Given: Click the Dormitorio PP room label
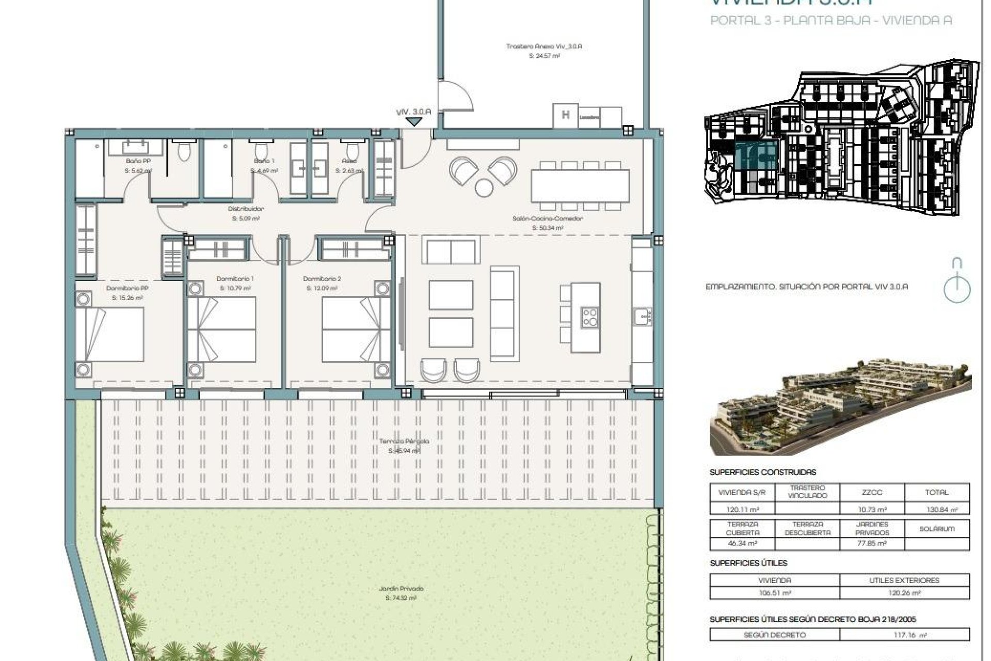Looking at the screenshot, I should coord(127,288).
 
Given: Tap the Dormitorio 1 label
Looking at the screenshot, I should coord(235,279).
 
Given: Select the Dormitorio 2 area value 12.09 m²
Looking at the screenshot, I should coord(322,288).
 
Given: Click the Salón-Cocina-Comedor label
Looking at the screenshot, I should coord(548,218).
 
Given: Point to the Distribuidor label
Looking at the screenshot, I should coord(246,209).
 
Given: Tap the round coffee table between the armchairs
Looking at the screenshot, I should coord(484,187).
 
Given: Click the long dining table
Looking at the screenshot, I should coord(580,186).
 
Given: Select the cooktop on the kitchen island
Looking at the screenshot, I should coord(590,317).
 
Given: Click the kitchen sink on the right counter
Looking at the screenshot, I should coord(643,316).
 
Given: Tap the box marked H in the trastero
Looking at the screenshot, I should coord(566,116).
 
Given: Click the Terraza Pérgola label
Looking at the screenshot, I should coord(404,442).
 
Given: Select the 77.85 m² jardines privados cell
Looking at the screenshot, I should coord(872,543).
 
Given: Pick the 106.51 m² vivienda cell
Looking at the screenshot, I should coord(775,593).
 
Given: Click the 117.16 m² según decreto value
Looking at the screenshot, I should coord(904,635).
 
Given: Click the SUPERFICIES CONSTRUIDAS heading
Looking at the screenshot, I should coord(763,472).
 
